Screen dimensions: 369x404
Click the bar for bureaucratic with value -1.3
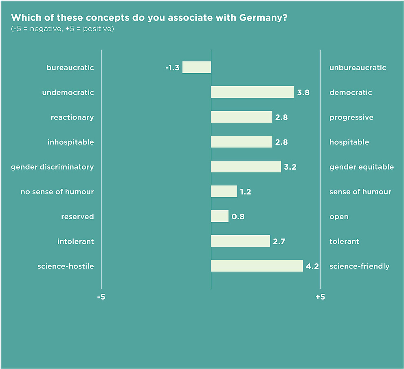197,68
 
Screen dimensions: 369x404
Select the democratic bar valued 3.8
253,92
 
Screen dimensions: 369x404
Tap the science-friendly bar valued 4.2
257,266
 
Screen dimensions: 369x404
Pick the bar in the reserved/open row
220,216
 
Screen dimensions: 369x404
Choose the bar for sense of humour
224,192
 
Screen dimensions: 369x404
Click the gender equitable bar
246,167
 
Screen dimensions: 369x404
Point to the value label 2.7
279,242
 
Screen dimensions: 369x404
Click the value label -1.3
172,68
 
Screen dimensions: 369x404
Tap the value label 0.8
238,217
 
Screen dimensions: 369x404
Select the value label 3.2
290,167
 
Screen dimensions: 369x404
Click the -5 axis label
101,297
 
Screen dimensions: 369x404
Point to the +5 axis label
320,297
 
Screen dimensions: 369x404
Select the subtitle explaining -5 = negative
62,30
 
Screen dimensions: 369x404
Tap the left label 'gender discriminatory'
52,167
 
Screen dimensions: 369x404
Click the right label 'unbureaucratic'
358,68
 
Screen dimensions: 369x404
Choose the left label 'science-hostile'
66,266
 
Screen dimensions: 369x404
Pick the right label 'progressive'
351,118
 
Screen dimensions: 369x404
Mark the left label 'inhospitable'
70,142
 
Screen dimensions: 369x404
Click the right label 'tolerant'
344,242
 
